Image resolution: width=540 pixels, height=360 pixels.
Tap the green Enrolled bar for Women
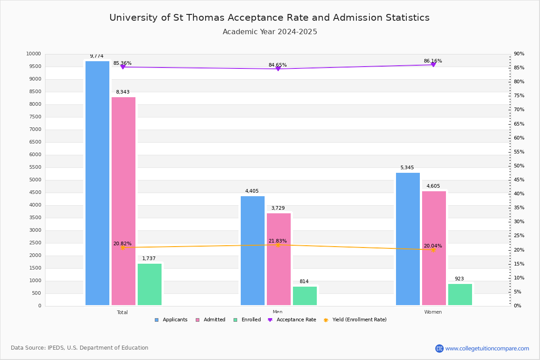click(460, 294)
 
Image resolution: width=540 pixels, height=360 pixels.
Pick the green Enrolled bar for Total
click(149, 284)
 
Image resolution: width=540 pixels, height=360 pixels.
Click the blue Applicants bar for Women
click(408, 239)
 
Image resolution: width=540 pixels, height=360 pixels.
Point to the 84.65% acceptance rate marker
click(278, 69)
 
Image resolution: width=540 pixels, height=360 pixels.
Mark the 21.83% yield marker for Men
click(278, 245)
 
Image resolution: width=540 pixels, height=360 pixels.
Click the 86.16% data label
click(432, 61)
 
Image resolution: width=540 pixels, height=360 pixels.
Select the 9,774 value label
click(96, 56)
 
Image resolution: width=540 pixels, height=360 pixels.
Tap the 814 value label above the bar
click(304, 282)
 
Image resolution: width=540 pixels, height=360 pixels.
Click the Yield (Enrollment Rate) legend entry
click(359, 320)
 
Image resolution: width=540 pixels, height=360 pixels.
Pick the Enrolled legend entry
click(250, 320)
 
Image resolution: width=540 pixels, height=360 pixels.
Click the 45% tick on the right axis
click(519, 180)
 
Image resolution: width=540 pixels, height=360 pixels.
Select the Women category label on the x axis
click(433, 312)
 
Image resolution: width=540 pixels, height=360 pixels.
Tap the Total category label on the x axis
click(122, 312)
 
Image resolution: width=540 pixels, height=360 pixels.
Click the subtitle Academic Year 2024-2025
click(270, 32)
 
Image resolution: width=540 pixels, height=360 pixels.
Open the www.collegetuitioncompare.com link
click(487, 348)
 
